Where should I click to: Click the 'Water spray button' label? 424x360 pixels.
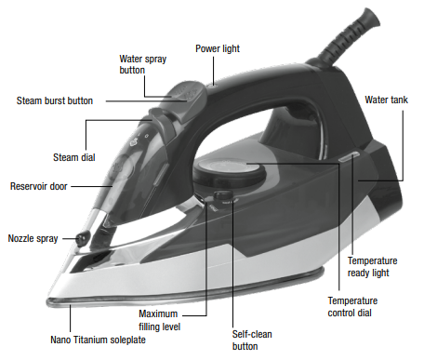coord(141,63)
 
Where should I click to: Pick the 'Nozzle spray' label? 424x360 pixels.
coord(33,238)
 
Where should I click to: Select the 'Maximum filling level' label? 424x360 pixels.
coord(161,320)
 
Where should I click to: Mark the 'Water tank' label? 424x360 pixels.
coord(385,99)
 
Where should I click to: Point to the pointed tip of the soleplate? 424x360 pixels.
coord(48,300)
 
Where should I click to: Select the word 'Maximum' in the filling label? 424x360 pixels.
coord(161,313)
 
